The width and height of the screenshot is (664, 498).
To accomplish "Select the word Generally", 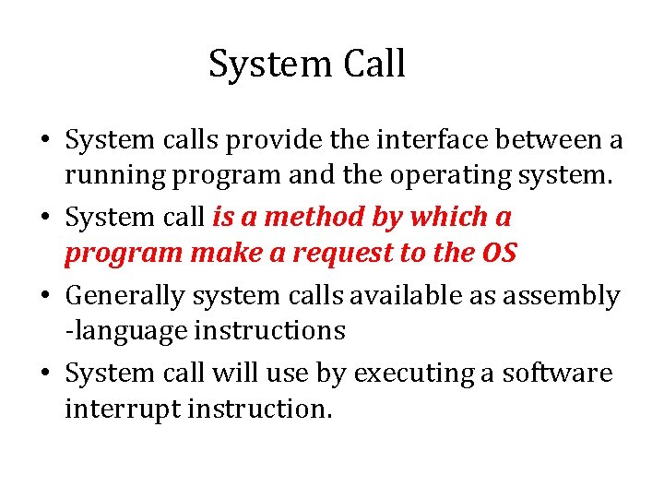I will point(125,296).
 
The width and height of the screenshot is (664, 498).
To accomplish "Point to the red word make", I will point(215,253).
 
